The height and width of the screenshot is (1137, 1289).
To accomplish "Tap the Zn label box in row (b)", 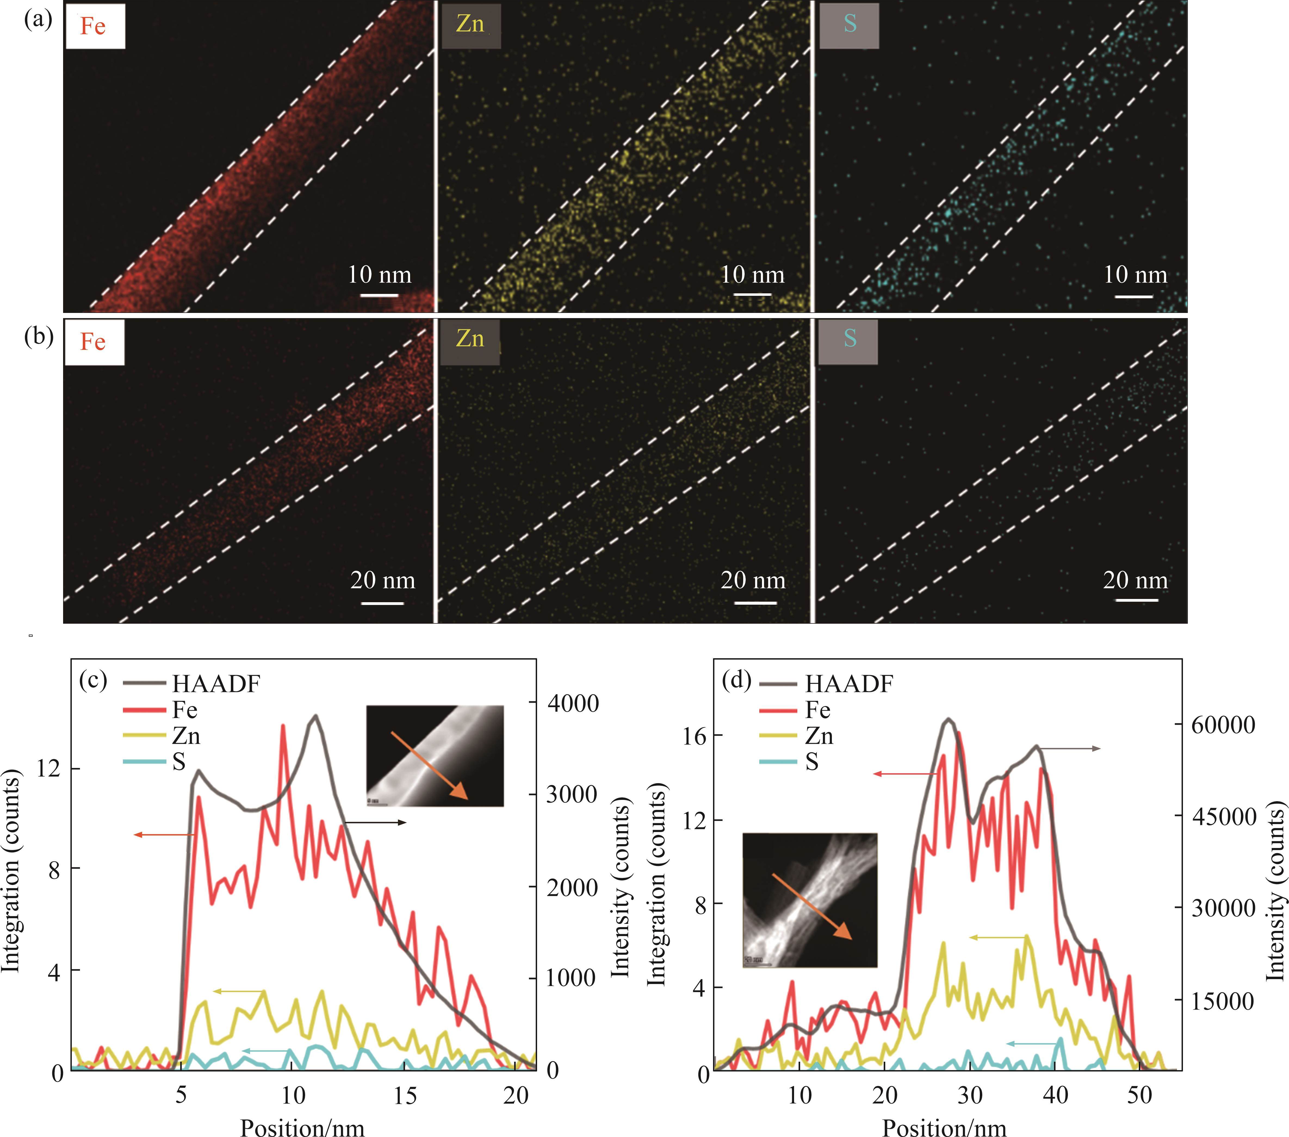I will point(470,342).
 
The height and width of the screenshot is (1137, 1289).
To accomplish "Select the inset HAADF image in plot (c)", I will point(435,756).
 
